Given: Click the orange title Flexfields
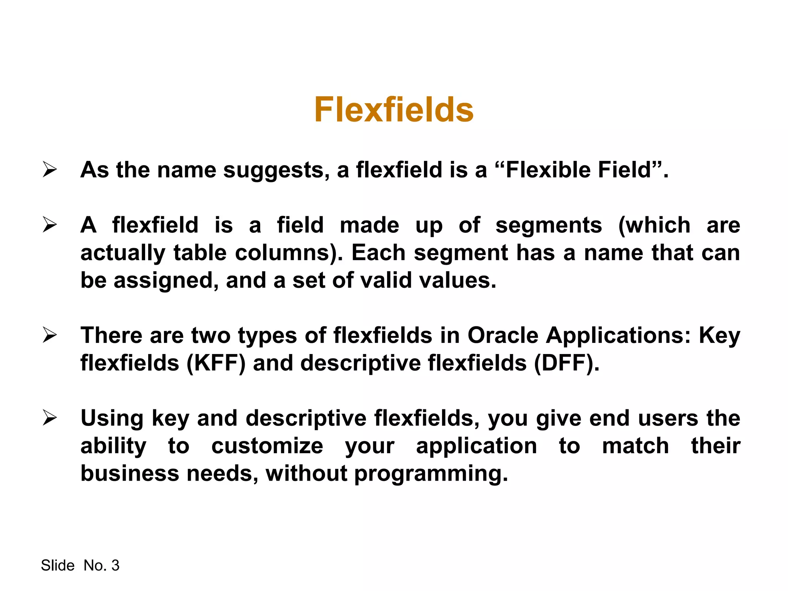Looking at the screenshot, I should [x=394, y=110].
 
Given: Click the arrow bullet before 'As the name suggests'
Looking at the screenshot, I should [x=50, y=170].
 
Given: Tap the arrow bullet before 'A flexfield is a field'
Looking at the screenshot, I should [x=50, y=225].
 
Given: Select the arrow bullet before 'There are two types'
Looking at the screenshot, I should [x=50, y=335].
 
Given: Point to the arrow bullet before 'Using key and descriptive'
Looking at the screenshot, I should [x=50, y=418].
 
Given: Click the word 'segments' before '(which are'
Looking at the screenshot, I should [x=548, y=225].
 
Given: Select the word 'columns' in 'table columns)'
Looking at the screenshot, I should [x=286, y=253].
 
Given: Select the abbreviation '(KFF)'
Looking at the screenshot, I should [x=215, y=363].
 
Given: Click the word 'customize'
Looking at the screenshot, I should [x=267, y=446].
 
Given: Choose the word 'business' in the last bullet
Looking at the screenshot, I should [x=130, y=473].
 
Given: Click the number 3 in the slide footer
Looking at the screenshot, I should [x=115, y=566].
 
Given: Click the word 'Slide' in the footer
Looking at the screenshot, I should [x=57, y=566].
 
